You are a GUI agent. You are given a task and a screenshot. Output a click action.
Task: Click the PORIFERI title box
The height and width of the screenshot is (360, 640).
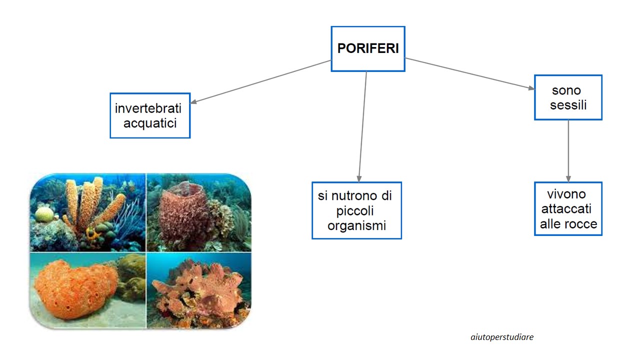point(368,49)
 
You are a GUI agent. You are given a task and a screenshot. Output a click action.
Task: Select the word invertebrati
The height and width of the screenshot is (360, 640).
point(148,108)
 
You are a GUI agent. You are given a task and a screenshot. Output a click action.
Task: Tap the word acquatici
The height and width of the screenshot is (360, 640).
point(150,123)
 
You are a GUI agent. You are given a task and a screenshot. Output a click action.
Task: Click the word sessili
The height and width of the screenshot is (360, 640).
point(568,105)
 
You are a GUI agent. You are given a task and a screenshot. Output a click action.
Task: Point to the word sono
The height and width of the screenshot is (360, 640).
point(566,90)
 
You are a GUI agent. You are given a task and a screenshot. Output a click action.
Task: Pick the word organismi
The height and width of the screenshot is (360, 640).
point(357,225)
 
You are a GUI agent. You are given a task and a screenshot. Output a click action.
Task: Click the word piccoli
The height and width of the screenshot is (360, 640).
point(355,211)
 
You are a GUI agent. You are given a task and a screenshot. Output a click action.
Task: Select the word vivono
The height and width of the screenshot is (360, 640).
point(566,194)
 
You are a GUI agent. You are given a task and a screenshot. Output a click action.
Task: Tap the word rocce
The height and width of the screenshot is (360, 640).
point(583,224)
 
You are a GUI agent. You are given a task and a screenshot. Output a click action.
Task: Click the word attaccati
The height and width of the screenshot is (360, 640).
point(566,209)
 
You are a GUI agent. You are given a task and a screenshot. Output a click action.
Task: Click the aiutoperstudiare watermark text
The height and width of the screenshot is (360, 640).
point(502,337)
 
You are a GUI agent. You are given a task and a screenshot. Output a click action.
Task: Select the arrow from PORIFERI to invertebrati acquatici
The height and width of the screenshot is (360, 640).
point(260,81)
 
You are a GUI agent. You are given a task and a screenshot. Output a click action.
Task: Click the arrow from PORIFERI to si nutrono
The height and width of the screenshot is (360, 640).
point(363,126)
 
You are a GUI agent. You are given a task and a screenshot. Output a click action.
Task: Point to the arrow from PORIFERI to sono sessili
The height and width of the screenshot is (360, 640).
point(470,74)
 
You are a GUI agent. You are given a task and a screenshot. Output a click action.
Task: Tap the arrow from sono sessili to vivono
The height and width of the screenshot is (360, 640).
point(568,151)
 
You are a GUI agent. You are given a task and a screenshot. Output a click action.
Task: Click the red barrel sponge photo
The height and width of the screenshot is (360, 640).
point(199,213)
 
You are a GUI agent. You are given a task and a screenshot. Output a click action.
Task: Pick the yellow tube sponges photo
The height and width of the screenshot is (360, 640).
point(87,213)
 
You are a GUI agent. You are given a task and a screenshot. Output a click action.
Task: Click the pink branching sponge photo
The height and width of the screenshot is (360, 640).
point(199,291)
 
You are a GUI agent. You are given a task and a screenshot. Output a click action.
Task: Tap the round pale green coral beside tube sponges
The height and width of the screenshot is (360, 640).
point(44,214)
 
